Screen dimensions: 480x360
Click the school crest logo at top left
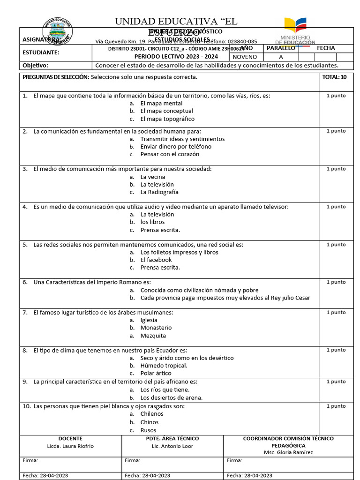(x=57, y=32)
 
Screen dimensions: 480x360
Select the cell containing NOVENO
(x=245, y=57)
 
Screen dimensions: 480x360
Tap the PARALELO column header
(x=281, y=48)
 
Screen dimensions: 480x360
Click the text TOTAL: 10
(x=335, y=77)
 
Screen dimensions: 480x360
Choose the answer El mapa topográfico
(x=167, y=119)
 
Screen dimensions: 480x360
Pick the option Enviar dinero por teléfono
(x=176, y=147)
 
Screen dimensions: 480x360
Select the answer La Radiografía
(x=159, y=192)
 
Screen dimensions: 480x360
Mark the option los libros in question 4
(x=152, y=222)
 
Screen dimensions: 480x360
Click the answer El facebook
(x=156, y=260)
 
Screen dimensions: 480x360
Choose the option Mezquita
(x=153, y=336)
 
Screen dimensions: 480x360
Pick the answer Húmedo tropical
(x=164, y=366)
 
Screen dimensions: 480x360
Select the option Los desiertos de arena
(x=172, y=397)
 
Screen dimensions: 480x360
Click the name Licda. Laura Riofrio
(x=70, y=446)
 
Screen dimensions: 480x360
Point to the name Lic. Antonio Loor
(x=172, y=446)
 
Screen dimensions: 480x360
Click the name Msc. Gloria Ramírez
(x=288, y=452)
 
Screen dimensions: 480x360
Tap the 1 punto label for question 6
(x=336, y=282)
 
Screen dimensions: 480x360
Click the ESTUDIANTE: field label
(x=41, y=52)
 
